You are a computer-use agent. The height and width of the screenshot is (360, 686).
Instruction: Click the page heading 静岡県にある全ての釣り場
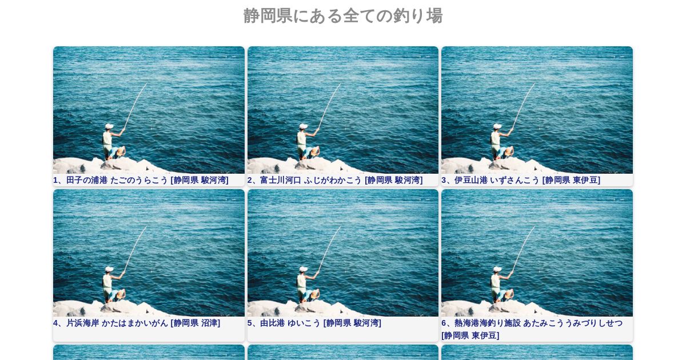tap(343, 15)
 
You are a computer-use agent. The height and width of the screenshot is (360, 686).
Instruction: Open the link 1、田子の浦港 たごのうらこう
tap(111, 180)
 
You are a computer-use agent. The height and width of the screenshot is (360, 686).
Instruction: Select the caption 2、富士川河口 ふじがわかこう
tap(305, 180)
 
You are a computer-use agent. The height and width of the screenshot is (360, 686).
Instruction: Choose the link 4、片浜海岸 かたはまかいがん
tap(110, 323)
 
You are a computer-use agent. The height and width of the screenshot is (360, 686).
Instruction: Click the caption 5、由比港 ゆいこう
tap(284, 323)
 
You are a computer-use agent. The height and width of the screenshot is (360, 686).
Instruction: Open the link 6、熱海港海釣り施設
tap(481, 323)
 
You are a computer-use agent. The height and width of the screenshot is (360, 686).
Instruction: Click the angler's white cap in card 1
tap(109, 126)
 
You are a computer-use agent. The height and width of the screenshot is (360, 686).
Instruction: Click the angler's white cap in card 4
tap(109, 269)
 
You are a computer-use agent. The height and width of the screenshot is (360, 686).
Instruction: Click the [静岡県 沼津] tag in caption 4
tap(196, 323)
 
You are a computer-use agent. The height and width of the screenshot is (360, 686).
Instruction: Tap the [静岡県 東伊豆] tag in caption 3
tap(571, 180)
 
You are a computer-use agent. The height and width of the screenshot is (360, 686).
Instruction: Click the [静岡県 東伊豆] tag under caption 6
tap(470, 335)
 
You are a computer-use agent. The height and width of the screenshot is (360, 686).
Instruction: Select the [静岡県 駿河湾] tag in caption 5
tap(352, 323)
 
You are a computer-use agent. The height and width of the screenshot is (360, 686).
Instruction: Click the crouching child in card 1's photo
tap(118, 153)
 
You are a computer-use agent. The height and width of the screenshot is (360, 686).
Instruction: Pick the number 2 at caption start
tap(250, 180)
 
